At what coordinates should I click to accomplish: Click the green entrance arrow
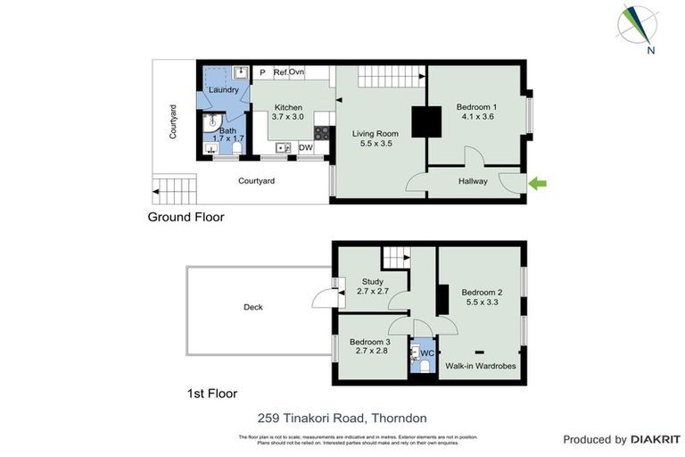pos(538,184)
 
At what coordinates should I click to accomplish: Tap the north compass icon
pos(641,29)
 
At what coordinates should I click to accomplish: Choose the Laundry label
pos(222,90)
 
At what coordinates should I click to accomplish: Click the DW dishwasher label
pos(305,148)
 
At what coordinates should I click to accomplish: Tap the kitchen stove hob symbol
pos(323,135)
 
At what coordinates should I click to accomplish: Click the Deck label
pos(253,308)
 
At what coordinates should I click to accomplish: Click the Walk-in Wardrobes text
pos(480,366)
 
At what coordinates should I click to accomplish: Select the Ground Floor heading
pos(186,217)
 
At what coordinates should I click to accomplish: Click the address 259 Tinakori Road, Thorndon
pos(342,417)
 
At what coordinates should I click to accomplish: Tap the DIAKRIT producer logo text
pos(655,439)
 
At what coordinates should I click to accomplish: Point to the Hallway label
pos(473,181)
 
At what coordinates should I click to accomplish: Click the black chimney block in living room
pos(425,121)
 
